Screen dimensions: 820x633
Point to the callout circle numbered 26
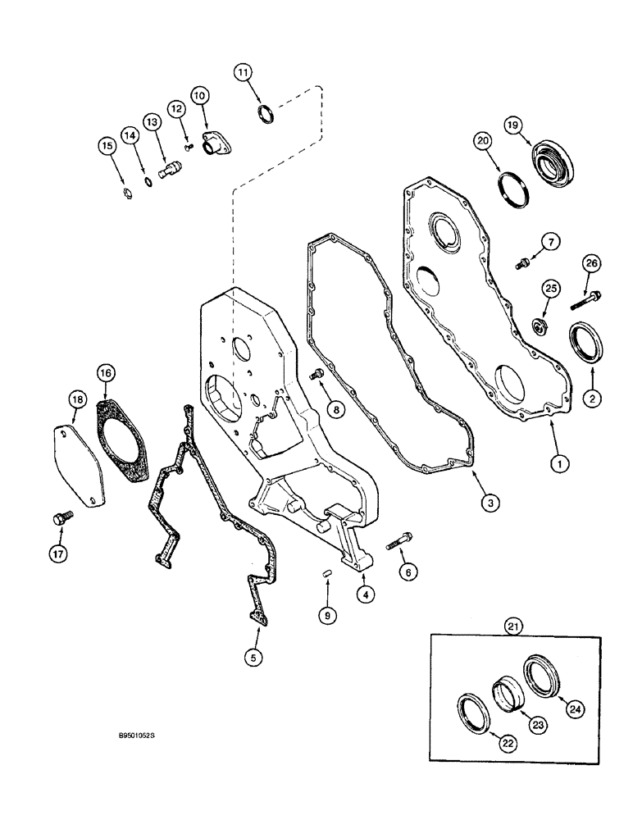click(x=592, y=263)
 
